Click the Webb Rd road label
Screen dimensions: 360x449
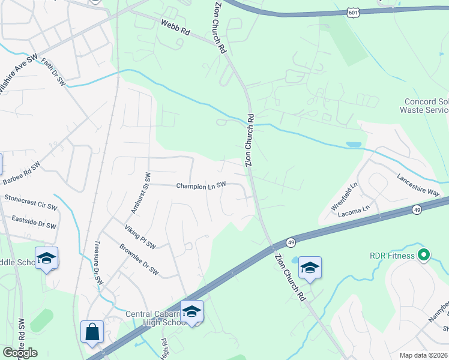click(175, 28)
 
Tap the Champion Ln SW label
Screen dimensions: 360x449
click(201, 186)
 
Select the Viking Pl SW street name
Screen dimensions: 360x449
click(140, 237)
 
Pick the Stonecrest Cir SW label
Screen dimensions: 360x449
click(30, 202)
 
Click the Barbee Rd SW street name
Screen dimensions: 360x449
click(22, 173)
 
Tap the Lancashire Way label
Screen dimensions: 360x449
click(419, 185)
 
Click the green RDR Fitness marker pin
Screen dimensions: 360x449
click(424, 255)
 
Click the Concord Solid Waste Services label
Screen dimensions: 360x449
click(427, 106)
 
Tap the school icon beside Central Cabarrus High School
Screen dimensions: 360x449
click(191, 311)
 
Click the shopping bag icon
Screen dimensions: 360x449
click(92, 332)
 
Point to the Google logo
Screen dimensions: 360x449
click(20, 353)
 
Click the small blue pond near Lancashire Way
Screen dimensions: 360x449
click(354, 145)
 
